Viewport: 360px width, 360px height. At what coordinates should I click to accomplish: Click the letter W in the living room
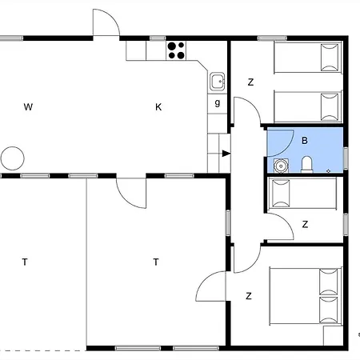(28, 107)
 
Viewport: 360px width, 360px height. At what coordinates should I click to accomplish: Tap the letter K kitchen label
(158, 107)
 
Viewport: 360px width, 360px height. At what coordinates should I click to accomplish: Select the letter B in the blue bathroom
(305, 141)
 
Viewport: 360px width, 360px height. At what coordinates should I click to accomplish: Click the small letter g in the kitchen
(218, 102)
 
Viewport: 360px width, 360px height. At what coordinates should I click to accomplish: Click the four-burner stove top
(176, 50)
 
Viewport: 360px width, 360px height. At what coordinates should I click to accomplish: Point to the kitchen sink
(218, 82)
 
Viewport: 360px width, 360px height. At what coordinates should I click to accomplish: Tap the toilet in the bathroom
(306, 164)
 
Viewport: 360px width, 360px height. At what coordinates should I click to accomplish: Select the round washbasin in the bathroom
(281, 166)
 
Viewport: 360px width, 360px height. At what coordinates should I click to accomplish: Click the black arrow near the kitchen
(226, 154)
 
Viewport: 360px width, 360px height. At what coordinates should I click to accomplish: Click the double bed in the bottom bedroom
(306, 296)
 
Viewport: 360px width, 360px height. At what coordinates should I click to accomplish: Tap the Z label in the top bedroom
(250, 82)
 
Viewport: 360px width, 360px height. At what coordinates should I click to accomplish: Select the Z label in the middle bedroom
(305, 224)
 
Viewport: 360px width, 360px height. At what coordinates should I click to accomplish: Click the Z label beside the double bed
(249, 296)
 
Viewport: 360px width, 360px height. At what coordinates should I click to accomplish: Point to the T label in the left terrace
(25, 262)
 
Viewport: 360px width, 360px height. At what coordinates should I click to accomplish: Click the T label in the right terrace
(156, 262)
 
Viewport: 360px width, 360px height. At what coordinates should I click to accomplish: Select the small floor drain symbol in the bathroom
(329, 171)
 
